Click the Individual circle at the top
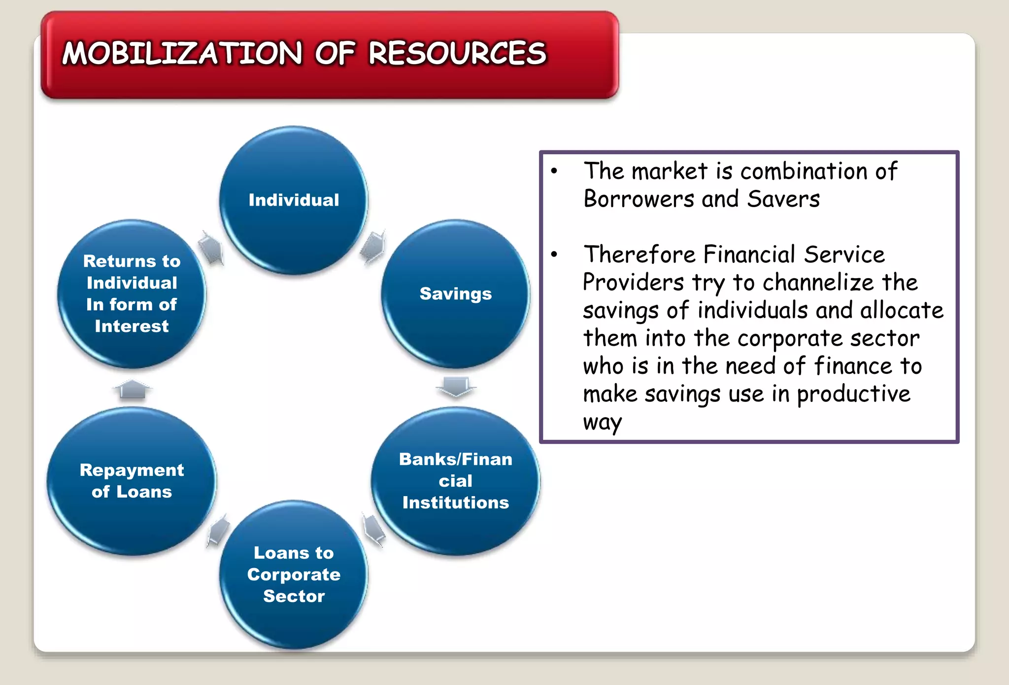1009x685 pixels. point(294,200)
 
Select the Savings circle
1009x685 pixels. point(455,293)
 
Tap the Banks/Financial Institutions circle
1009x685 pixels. point(455,481)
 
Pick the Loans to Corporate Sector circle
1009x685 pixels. point(294,575)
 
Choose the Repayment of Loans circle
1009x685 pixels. point(132,481)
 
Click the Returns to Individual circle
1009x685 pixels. point(132,293)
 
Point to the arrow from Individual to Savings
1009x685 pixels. point(373,246)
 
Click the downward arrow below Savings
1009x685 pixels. point(456,386)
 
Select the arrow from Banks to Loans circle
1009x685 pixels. point(374,529)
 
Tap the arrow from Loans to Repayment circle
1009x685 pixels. point(218,530)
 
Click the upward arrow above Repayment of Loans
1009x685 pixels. point(133,389)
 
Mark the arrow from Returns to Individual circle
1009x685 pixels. point(212,247)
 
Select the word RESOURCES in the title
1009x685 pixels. point(457,53)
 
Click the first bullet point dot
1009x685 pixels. point(554,171)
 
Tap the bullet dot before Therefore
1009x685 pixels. point(554,254)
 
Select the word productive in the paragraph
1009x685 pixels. point(853,394)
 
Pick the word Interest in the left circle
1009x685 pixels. point(132,326)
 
